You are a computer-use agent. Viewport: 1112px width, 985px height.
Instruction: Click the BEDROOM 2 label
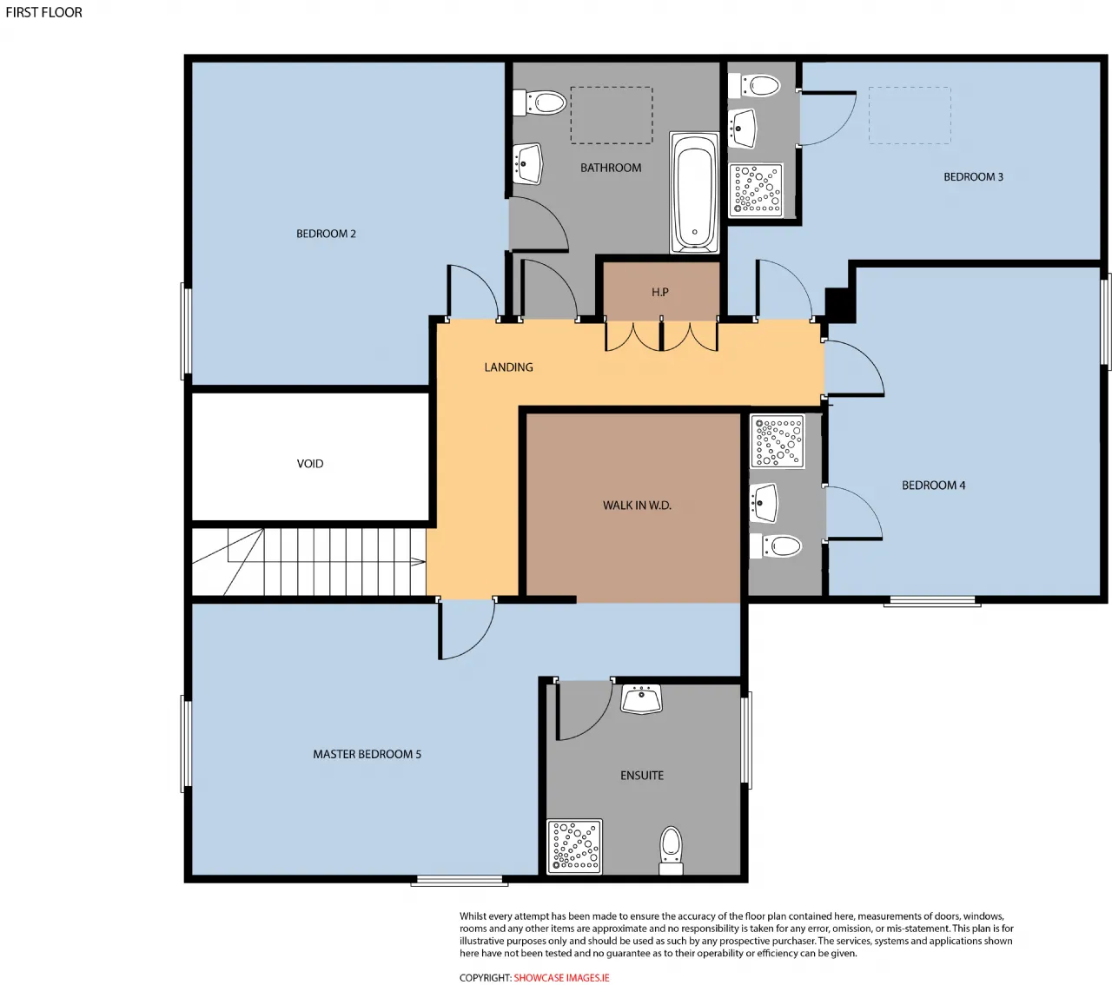tap(326, 234)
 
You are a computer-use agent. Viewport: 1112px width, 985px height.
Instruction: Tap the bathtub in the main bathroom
tap(694, 193)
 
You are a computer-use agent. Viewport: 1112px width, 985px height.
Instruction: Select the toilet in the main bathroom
tap(539, 103)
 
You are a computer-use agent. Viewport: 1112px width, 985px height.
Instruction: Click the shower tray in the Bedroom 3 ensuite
tap(756, 190)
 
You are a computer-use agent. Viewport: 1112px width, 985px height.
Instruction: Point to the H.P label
tap(659, 292)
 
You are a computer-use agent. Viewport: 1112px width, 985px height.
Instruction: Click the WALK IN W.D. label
tap(637, 506)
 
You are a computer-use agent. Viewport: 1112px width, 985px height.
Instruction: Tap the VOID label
tap(310, 464)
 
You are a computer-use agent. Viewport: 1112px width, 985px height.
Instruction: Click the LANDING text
tap(508, 367)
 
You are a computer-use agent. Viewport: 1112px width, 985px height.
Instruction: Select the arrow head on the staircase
tap(418, 561)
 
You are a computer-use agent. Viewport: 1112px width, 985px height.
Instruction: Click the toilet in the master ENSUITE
tap(671, 850)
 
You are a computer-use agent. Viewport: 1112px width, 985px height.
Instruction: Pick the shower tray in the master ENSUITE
tap(574, 846)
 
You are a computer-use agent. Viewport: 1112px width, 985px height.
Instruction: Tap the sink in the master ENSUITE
tap(641, 698)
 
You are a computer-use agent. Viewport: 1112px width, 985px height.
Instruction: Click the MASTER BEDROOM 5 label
tap(367, 754)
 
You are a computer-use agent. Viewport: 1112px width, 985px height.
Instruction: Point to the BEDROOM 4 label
tap(933, 485)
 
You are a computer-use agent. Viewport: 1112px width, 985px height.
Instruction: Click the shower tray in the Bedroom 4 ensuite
tap(778, 441)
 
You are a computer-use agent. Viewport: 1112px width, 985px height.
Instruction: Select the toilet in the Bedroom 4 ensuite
tap(776, 546)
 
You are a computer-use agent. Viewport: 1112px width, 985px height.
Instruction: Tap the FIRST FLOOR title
tap(44, 13)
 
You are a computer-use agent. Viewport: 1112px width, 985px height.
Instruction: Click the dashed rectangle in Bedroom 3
tap(910, 116)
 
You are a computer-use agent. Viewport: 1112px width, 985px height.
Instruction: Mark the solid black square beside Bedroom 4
tap(840, 305)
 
